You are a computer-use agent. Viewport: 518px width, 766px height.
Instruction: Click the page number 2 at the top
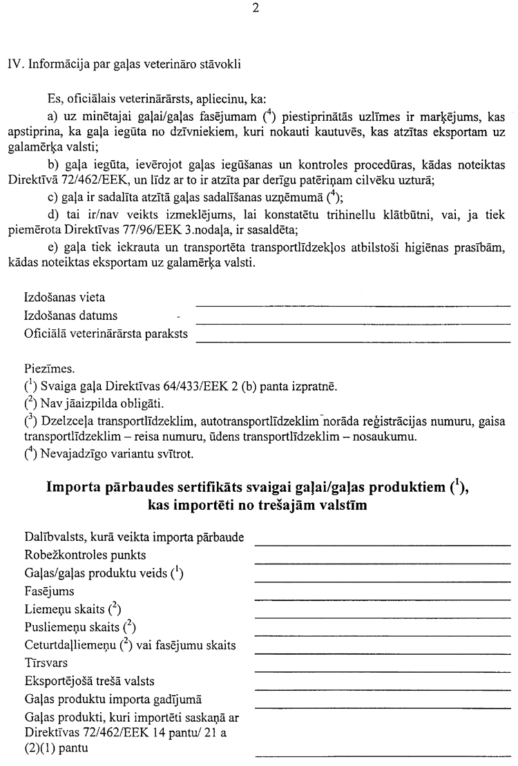[256, 8]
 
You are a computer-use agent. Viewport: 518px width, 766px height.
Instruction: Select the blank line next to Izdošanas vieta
[353, 304]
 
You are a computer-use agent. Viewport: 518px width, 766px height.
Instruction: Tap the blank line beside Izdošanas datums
[353, 321]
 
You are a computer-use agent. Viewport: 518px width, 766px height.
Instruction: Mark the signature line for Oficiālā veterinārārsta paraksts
[353, 340]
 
